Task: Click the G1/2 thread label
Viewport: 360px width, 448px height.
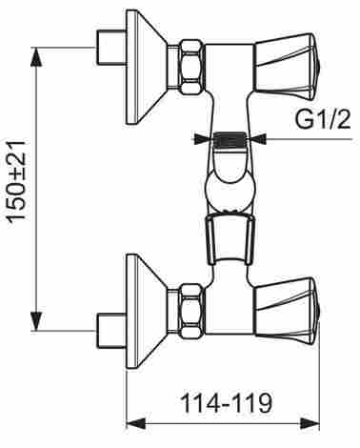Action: pos(323,120)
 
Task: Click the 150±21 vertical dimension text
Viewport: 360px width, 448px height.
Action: pos(16,182)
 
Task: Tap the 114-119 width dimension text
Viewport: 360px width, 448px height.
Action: pos(226,403)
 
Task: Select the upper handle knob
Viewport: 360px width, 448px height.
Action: pos(288,68)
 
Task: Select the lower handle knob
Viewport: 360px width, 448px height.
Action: pos(288,311)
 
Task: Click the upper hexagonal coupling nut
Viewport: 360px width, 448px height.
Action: pos(191,67)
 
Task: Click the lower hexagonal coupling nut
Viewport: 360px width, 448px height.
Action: pos(191,311)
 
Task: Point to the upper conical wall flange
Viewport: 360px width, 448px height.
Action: pos(147,67)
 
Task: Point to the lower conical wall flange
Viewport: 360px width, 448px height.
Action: pos(147,312)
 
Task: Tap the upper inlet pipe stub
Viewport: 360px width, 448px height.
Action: pos(111,48)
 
